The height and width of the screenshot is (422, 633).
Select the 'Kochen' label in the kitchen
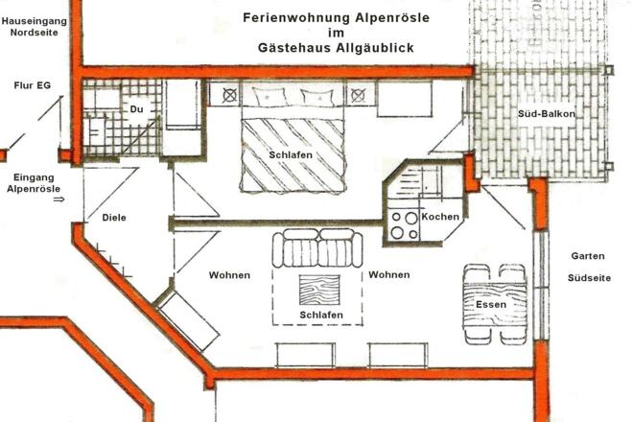click(x=441, y=218)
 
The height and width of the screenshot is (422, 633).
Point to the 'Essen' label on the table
click(x=491, y=305)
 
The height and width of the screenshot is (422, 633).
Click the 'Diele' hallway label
click(x=113, y=218)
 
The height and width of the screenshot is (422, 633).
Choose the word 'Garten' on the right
click(x=588, y=256)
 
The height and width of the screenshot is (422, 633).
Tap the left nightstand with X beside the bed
click(x=230, y=95)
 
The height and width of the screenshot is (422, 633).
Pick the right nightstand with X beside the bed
click(x=358, y=95)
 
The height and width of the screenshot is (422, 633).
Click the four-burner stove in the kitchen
click(x=404, y=225)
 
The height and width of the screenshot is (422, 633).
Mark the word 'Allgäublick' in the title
click(x=384, y=47)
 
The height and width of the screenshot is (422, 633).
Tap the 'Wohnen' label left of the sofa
click(x=229, y=275)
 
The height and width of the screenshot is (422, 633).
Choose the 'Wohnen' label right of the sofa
click(x=388, y=275)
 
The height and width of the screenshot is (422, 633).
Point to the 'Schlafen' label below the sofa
click(x=320, y=314)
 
